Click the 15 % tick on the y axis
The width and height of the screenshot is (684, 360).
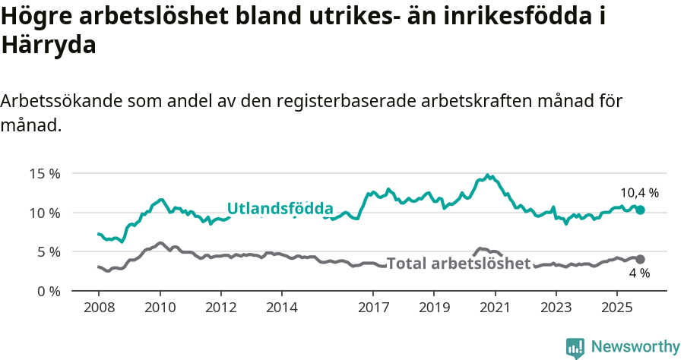(x=45, y=173)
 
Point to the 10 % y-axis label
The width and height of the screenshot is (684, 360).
(x=45, y=213)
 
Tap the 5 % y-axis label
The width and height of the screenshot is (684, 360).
(x=48, y=251)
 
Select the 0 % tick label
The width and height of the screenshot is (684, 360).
(x=48, y=291)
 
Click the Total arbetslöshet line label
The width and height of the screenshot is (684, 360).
(x=458, y=264)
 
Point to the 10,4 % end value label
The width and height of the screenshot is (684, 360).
(x=639, y=193)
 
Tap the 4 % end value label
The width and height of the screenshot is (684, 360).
(x=639, y=273)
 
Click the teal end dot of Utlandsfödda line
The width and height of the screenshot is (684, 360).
(x=640, y=210)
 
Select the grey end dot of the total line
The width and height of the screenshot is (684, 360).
(x=640, y=259)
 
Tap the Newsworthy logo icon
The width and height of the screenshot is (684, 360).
(x=575, y=348)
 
